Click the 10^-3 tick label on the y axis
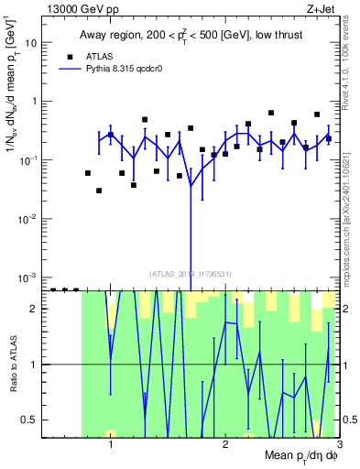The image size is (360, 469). [29, 277]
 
